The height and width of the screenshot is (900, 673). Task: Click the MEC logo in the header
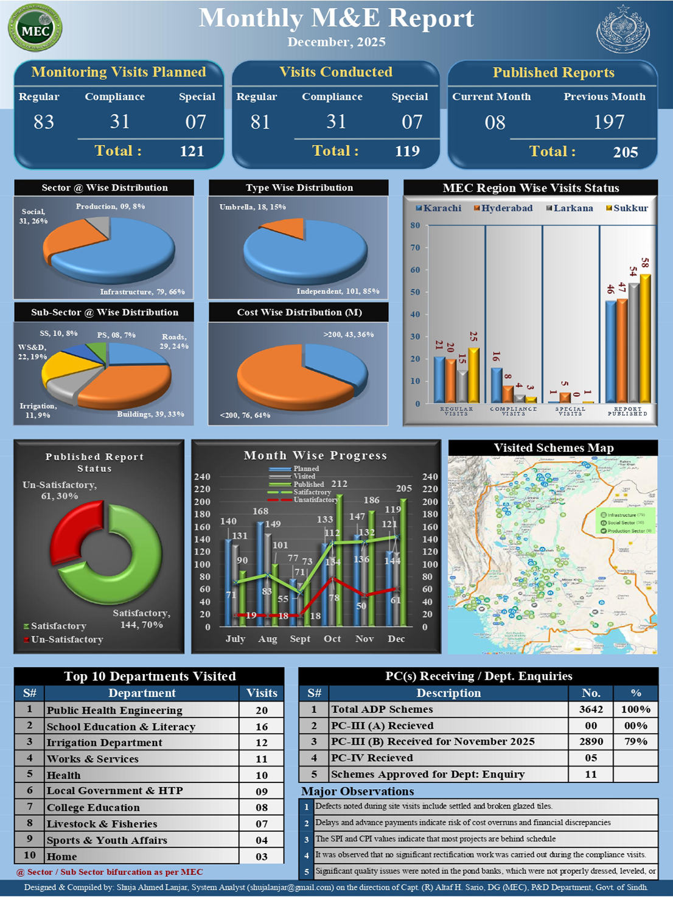[x=35, y=28]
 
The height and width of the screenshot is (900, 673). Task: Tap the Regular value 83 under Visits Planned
[x=44, y=122]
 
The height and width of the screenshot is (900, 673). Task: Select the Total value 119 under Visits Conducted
[x=407, y=151]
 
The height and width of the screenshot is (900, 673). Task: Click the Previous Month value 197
[x=609, y=122]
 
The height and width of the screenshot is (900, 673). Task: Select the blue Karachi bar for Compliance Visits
[x=497, y=385]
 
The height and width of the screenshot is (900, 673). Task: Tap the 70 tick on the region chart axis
[x=415, y=248]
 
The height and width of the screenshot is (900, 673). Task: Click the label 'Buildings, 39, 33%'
[x=150, y=414]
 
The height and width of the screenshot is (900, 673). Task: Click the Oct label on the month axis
[x=332, y=639]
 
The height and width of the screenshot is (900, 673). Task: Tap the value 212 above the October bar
[x=339, y=484]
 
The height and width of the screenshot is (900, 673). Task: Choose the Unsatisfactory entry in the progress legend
[x=315, y=500]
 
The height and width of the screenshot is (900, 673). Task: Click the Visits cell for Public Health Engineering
[x=262, y=711]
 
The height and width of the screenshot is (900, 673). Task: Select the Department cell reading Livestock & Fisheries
[x=102, y=824]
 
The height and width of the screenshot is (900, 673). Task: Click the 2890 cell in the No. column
[x=591, y=742]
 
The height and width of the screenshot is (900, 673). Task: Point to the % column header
[x=636, y=693]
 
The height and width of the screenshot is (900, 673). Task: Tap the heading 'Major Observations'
[x=358, y=792]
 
